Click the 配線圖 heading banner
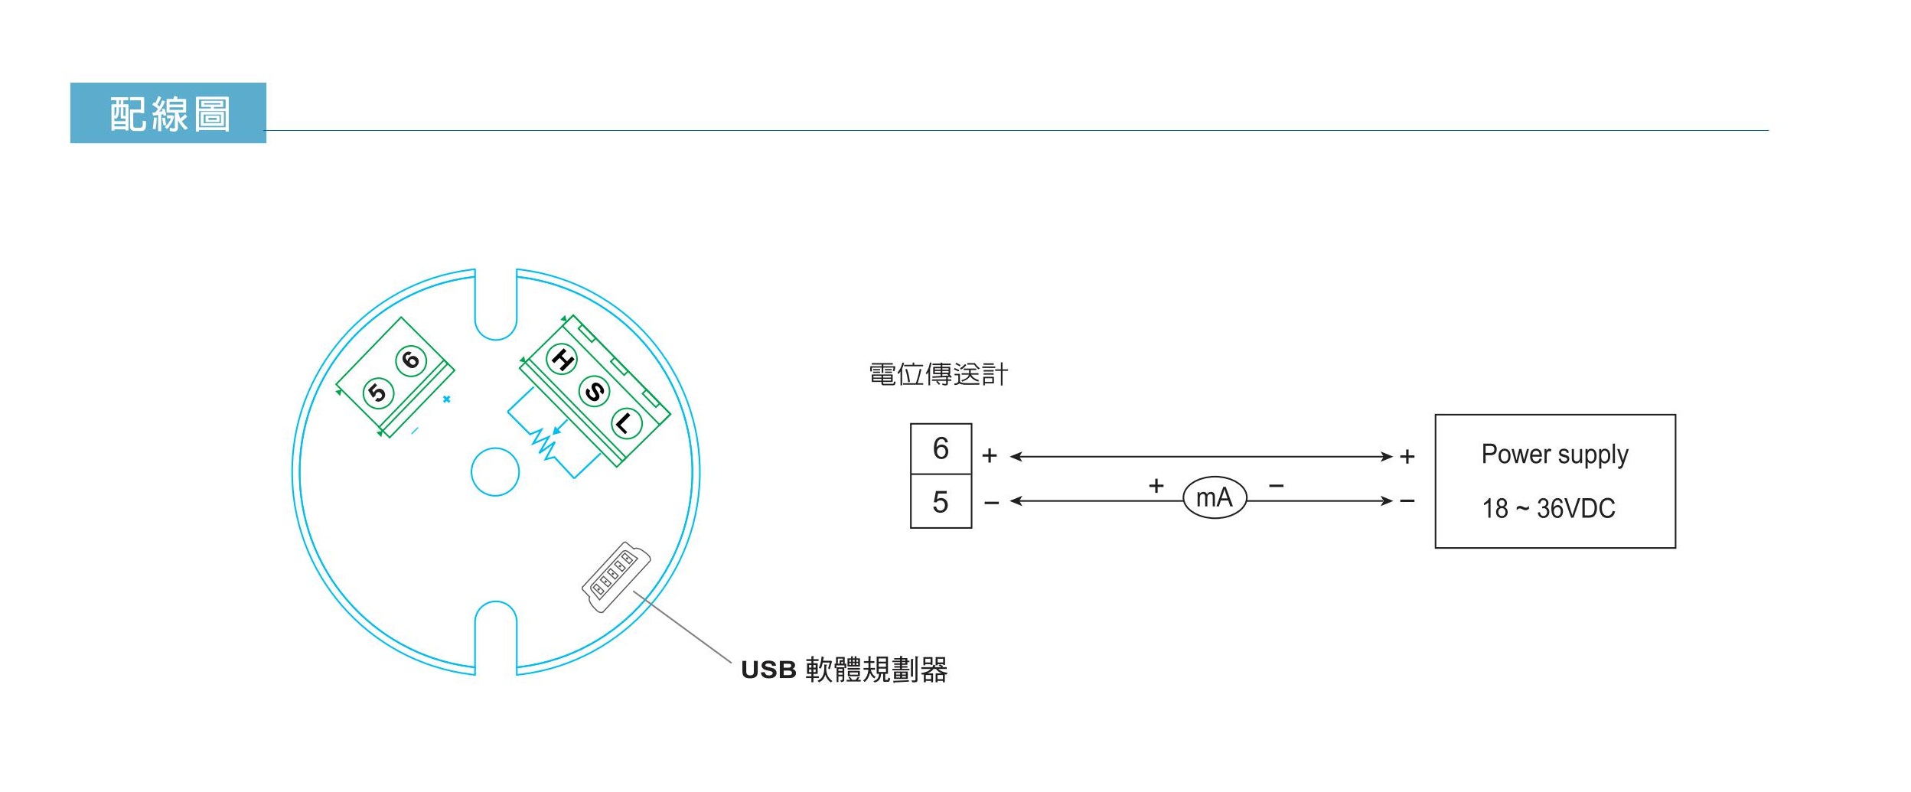[168, 113]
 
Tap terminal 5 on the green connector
[378, 393]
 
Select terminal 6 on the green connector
[411, 360]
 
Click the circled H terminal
[562, 359]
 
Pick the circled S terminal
[594, 392]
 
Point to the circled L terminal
[626, 423]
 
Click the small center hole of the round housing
[495, 472]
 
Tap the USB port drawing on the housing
[616, 576]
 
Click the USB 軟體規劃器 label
[843, 670]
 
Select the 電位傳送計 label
[938, 374]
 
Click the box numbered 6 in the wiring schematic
[941, 449]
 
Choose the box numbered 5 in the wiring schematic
[941, 502]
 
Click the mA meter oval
[1215, 498]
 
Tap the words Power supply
[1554, 455]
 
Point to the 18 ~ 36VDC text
[1548, 508]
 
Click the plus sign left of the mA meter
[1156, 486]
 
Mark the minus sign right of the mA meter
[1277, 486]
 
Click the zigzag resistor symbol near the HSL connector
[545, 444]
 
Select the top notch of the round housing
[496, 306]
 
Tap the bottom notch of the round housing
[496, 635]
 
